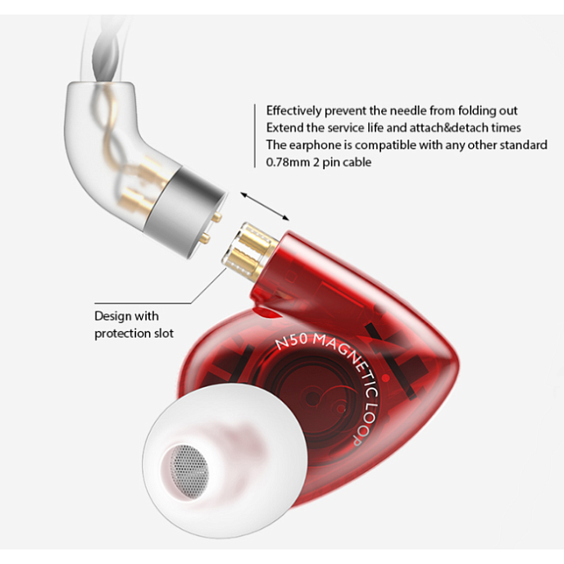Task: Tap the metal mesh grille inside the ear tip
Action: coord(189,471)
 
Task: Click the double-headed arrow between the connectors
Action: coord(265,207)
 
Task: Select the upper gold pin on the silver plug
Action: coord(216,217)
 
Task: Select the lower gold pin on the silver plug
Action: coord(205,237)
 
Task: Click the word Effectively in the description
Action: coord(293,111)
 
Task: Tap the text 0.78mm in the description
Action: coord(288,162)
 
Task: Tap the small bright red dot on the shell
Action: coord(386,377)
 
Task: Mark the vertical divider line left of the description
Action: coord(255,136)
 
